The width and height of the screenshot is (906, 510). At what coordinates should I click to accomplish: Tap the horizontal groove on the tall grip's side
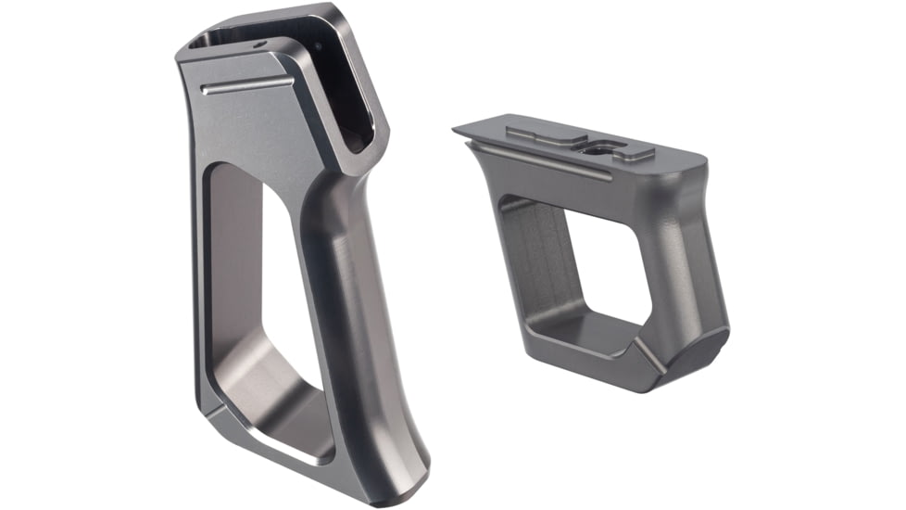[x=246, y=86]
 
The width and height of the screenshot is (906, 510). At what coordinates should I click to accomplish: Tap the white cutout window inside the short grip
[x=608, y=269]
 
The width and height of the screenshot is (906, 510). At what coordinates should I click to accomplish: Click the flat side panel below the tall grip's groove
[x=241, y=130]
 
